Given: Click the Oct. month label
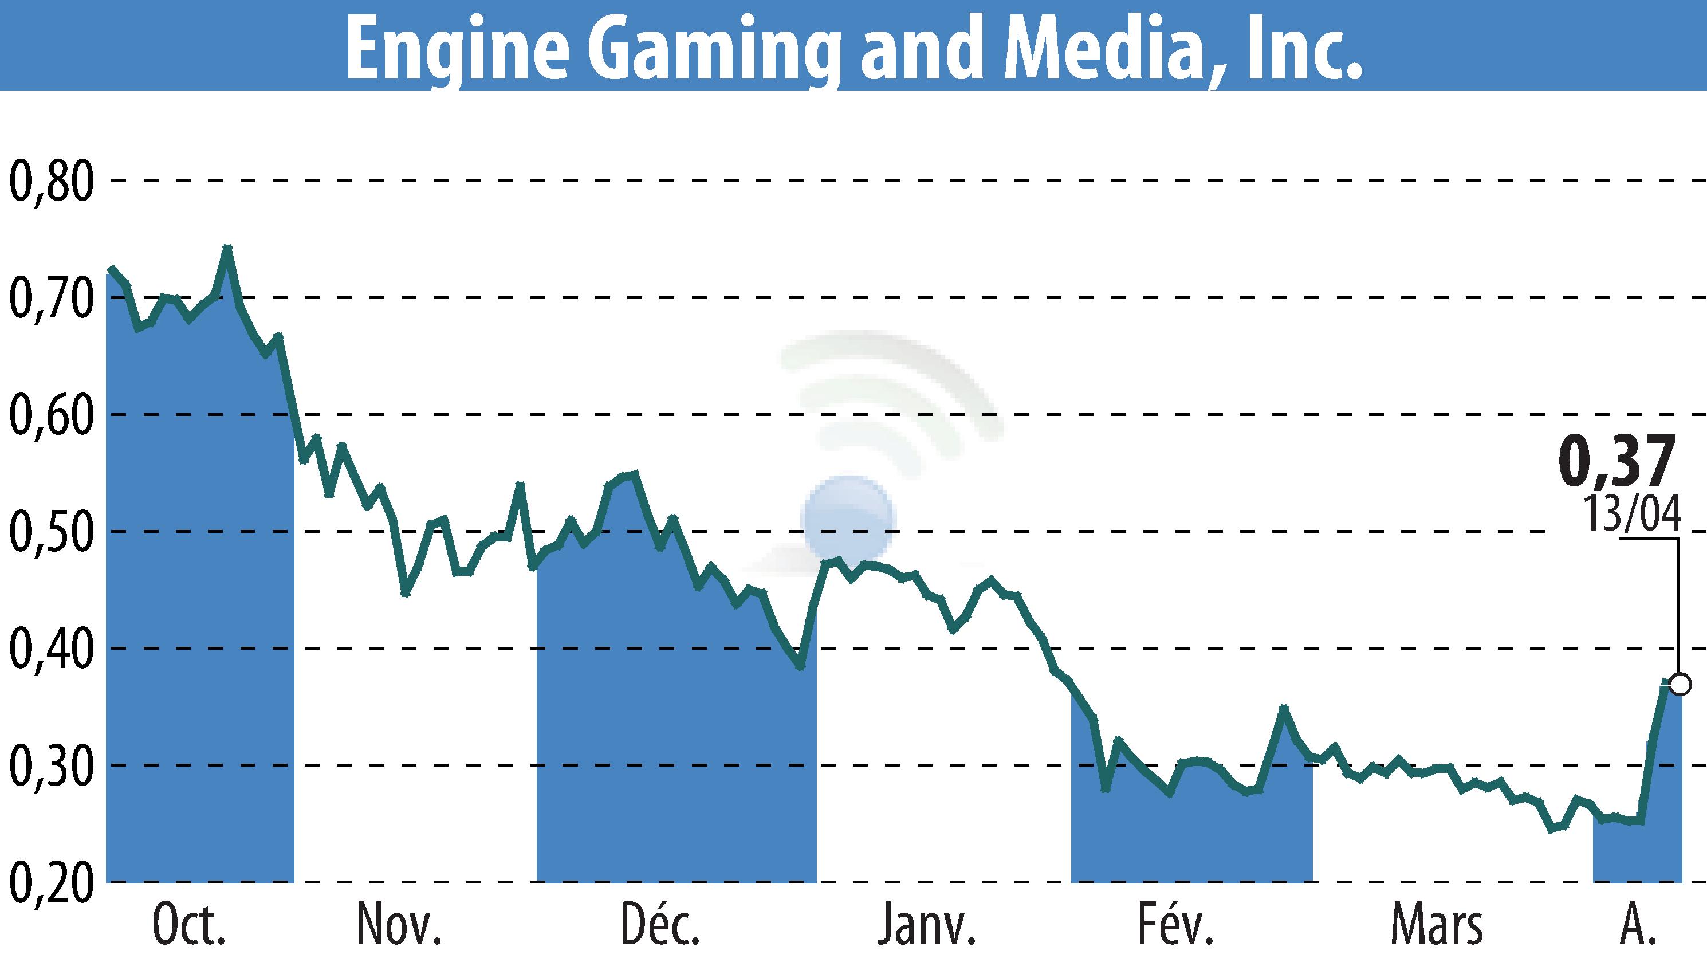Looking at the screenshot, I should [189, 926].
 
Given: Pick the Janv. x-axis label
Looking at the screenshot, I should [926, 926].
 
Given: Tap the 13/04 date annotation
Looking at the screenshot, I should [1632, 515].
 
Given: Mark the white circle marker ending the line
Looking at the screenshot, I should [1680, 684].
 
